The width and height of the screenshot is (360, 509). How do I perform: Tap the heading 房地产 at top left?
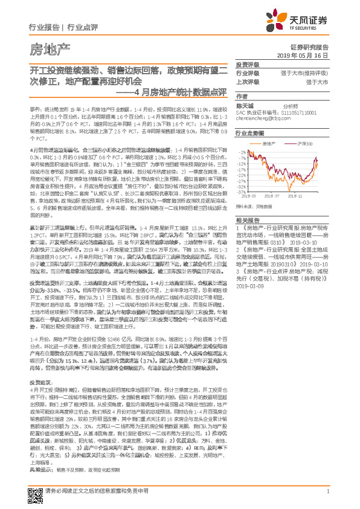tap(50, 48)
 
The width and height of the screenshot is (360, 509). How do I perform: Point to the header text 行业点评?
tap(83, 27)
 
